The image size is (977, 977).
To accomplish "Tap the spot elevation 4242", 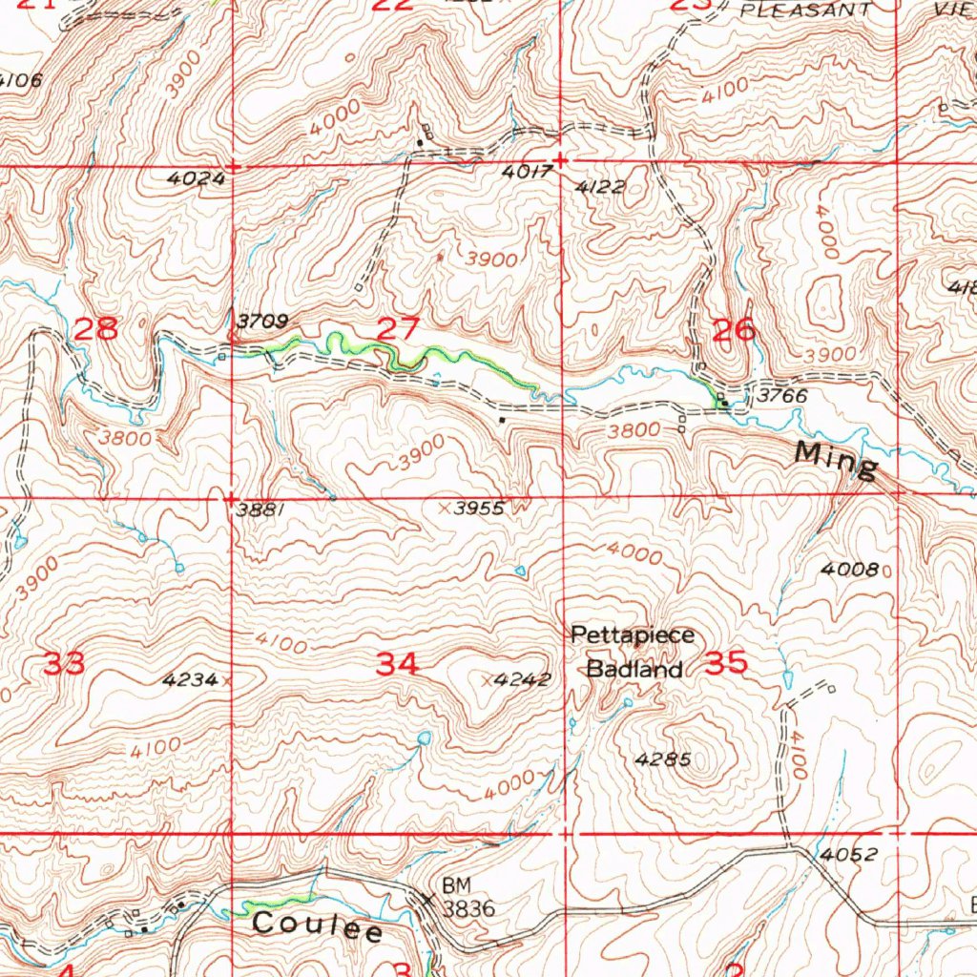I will [x=524, y=680].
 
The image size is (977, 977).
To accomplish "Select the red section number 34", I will [x=397, y=664].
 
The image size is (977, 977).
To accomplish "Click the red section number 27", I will [x=398, y=330].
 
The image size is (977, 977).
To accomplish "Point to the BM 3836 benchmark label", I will [x=468, y=899].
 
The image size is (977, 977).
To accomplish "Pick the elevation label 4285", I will [x=662, y=760].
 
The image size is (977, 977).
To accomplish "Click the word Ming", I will [x=837, y=464].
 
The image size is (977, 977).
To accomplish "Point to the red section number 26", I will [x=735, y=331].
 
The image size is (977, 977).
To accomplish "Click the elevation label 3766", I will [x=782, y=395].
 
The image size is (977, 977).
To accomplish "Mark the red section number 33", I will [x=65, y=664].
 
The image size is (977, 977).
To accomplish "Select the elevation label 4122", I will [x=600, y=187].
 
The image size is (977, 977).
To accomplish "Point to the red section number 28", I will [x=96, y=330].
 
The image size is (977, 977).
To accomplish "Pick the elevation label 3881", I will [x=260, y=510].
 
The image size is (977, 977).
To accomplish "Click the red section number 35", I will [x=725, y=664].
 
